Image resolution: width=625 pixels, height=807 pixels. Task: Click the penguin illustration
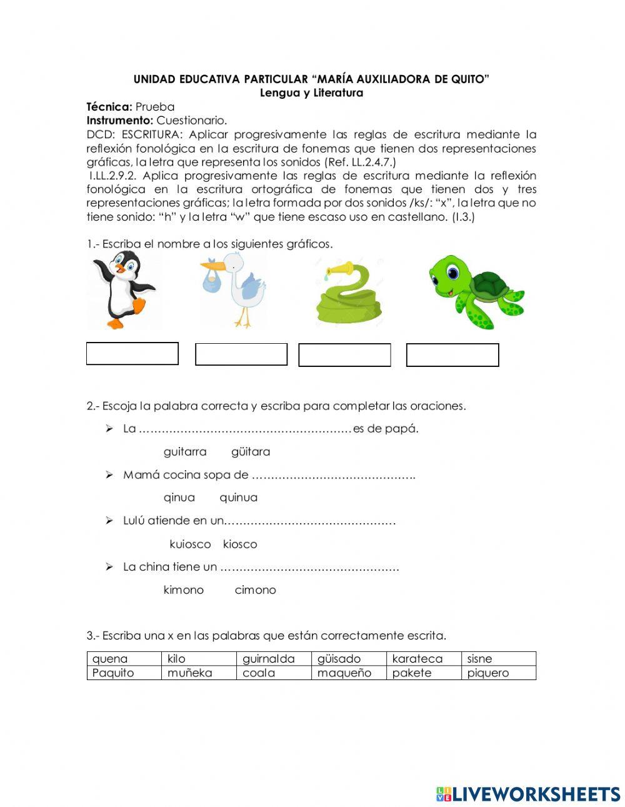tap(124, 291)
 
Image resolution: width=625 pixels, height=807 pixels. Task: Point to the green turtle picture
tap(475, 291)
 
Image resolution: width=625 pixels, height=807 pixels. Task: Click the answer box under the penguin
tap(132, 354)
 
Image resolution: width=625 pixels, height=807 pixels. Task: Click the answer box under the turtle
tap(452, 355)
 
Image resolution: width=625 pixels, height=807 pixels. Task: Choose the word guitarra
tap(184, 451)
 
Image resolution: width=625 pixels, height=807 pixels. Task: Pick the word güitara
tap(251, 451)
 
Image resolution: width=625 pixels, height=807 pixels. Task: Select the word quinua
tap(238, 498)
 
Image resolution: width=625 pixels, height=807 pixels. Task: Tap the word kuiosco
tap(190, 544)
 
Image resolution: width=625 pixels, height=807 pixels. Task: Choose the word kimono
tap(183, 590)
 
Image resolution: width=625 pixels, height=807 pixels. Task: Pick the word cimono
tap(255, 590)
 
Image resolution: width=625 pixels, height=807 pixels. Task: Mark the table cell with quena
tap(124, 659)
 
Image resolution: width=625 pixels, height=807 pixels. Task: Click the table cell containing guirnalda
tap(274, 659)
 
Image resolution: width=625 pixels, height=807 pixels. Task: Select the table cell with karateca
tap(424, 659)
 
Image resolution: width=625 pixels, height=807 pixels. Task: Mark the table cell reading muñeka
tap(199, 673)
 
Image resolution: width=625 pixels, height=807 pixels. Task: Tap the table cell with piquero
tap(499, 673)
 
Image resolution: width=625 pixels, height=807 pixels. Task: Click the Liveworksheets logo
tap(527, 794)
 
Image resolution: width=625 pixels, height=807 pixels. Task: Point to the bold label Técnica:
tap(109, 107)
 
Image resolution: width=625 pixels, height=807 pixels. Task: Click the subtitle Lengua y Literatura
tap(311, 93)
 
